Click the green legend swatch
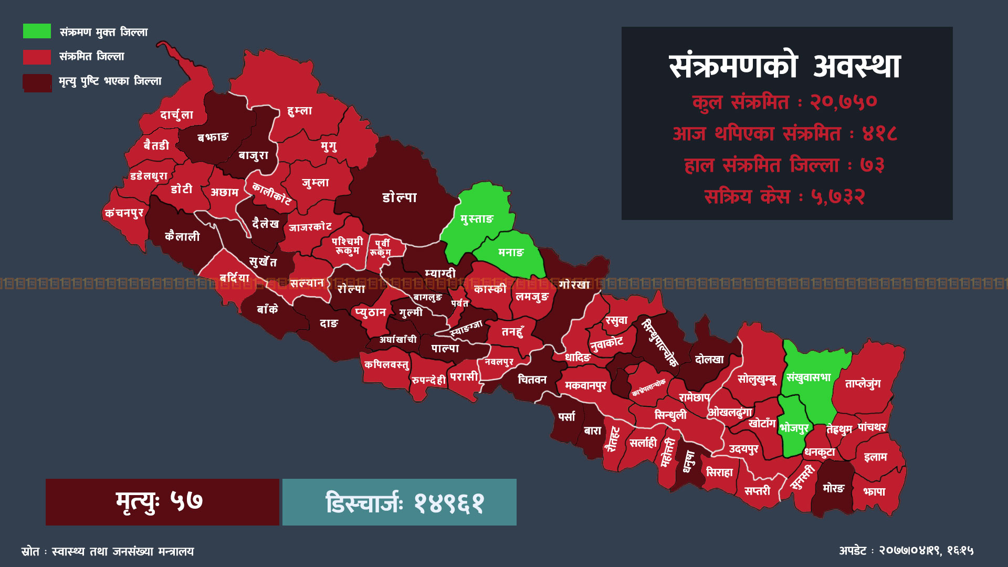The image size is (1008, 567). [37, 31]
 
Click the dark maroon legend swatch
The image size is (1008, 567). [37, 82]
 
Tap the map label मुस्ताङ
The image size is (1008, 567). [477, 219]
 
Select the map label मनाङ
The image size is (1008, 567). [511, 253]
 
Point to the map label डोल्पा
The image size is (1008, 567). [400, 198]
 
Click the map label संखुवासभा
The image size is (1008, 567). [808, 377]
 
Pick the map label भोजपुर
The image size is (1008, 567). [794, 428]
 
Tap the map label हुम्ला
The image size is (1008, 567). [300, 111]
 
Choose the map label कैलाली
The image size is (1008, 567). [182, 237]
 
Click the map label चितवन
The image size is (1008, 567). [532, 380]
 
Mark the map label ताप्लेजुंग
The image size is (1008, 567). [863, 384]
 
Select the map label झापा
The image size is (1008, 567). [874, 492]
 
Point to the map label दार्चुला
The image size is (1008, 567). [176, 115]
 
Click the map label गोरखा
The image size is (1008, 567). [574, 285]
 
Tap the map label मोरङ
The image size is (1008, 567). [833, 488]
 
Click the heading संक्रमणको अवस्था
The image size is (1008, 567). [785, 67]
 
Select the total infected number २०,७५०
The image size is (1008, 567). [843, 101]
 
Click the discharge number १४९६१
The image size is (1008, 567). [449, 502]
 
